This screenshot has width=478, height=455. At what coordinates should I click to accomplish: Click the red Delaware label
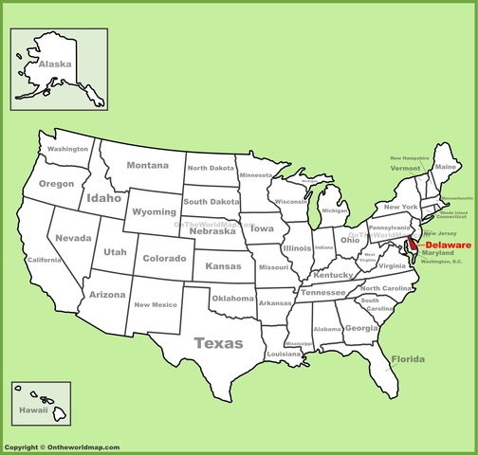point(446,245)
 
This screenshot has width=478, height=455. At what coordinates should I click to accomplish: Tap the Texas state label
point(218,343)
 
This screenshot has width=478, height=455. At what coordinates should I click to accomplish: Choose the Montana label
point(148,165)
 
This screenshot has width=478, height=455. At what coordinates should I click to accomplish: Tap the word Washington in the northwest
point(68,150)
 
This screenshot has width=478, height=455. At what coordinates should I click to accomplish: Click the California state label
point(44,260)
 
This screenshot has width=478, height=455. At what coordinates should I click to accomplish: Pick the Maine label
point(445,167)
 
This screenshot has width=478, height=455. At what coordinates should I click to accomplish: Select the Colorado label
point(164,258)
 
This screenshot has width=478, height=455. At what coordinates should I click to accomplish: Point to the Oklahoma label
point(232,299)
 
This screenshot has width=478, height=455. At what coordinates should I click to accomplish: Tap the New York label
point(400,207)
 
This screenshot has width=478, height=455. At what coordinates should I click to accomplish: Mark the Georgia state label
point(360,328)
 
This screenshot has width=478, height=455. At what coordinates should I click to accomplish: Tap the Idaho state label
point(103,199)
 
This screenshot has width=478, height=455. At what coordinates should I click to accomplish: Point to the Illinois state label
point(297,248)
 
